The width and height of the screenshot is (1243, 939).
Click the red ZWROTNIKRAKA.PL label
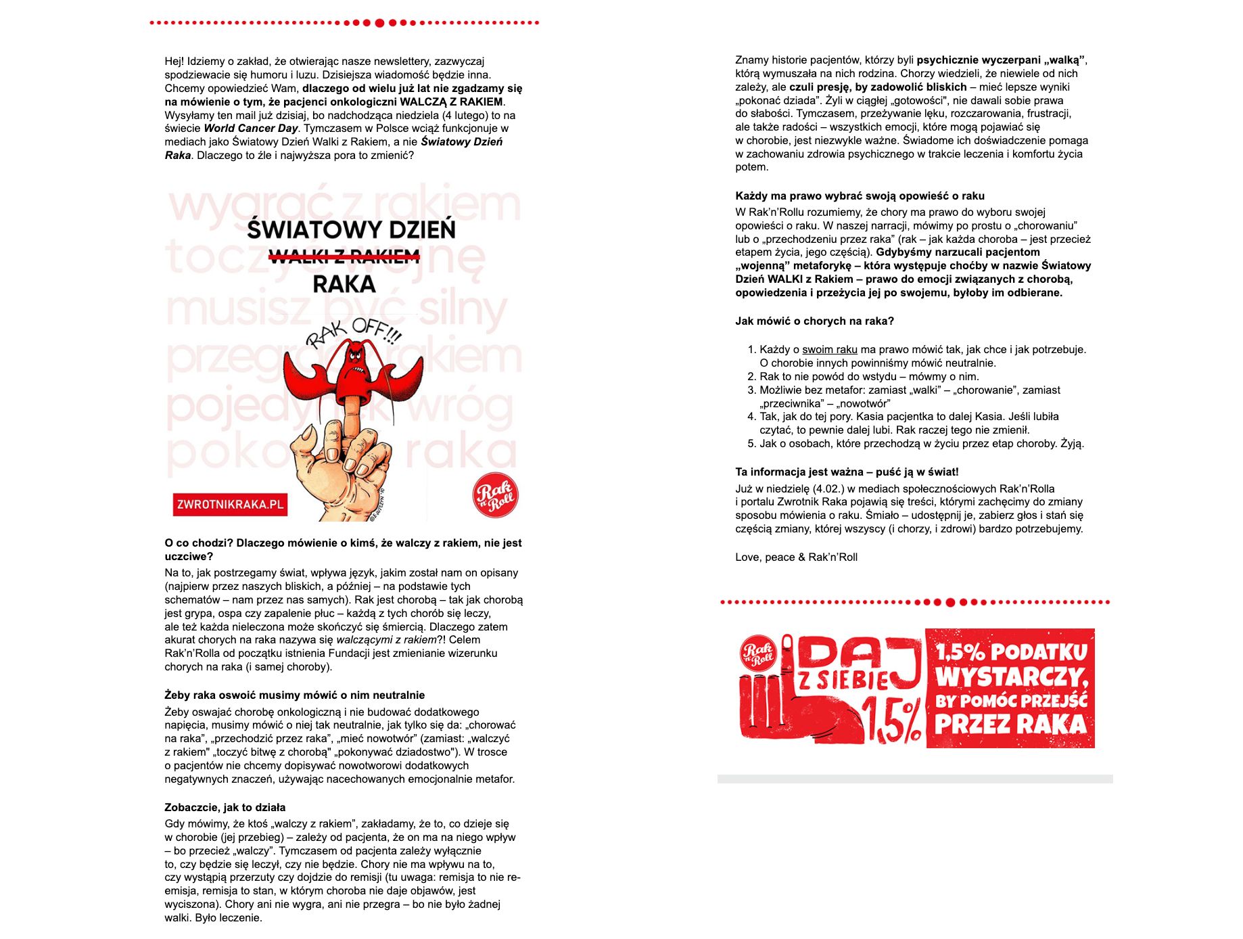(x=230, y=505)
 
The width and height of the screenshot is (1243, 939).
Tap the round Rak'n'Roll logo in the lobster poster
(x=495, y=495)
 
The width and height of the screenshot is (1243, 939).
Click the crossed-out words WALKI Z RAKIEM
(x=344, y=256)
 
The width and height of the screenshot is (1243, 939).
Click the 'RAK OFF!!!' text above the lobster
(x=354, y=333)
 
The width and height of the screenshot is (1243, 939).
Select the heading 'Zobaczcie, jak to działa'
(x=225, y=807)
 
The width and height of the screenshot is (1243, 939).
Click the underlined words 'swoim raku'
(x=829, y=350)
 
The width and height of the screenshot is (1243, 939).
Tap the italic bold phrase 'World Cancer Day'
(x=251, y=129)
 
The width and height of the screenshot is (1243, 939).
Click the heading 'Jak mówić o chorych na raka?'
(x=814, y=321)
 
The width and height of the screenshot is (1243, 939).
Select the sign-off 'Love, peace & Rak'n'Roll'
(x=796, y=557)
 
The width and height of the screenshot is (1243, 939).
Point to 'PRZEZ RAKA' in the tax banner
(x=1010, y=725)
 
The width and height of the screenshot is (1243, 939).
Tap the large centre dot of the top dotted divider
(x=379, y=23)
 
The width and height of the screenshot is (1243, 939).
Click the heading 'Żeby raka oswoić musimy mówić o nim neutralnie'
(x=295, y=695)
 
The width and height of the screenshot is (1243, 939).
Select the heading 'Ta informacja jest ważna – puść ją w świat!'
(x=847, y=472)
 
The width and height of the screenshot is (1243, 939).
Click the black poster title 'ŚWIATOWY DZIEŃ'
(x=351, y=230)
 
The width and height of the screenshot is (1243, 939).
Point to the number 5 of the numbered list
(x=751, y=444)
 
